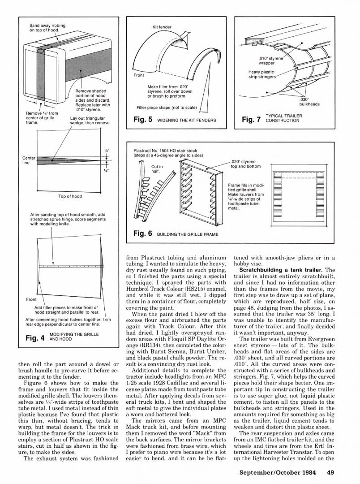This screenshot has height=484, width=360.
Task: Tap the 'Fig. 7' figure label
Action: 251,120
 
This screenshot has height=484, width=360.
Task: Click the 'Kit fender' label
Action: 162,27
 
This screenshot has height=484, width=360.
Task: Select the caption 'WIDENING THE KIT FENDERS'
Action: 186,121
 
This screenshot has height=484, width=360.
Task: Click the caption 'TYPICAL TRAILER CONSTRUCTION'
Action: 283,118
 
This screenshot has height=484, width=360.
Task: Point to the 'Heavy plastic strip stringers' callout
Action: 261,74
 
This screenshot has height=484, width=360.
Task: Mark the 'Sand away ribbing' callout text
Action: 47,28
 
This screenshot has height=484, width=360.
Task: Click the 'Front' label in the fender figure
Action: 139,75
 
